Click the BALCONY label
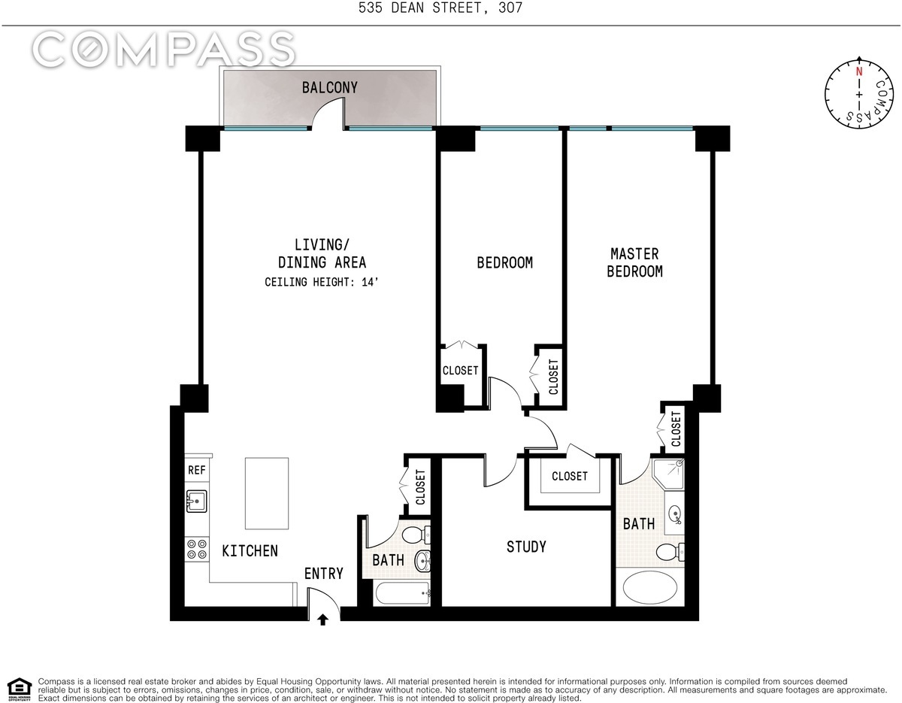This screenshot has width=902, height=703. (329, 88)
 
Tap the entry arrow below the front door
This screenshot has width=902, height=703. (323, 620)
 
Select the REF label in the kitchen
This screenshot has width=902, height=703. (197, 471)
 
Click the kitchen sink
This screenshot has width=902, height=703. (198, 501)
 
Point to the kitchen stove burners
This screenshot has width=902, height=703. (197, 550)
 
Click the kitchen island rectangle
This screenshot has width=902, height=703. (267, 493)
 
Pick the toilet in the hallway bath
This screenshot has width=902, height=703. (416, 535)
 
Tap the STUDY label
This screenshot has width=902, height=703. (526, 547)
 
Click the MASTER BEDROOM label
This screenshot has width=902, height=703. (634, 263)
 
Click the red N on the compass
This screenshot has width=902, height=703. (858, 73)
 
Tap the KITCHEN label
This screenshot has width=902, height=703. (250, 551)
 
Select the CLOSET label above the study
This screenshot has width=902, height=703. (569, 476)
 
